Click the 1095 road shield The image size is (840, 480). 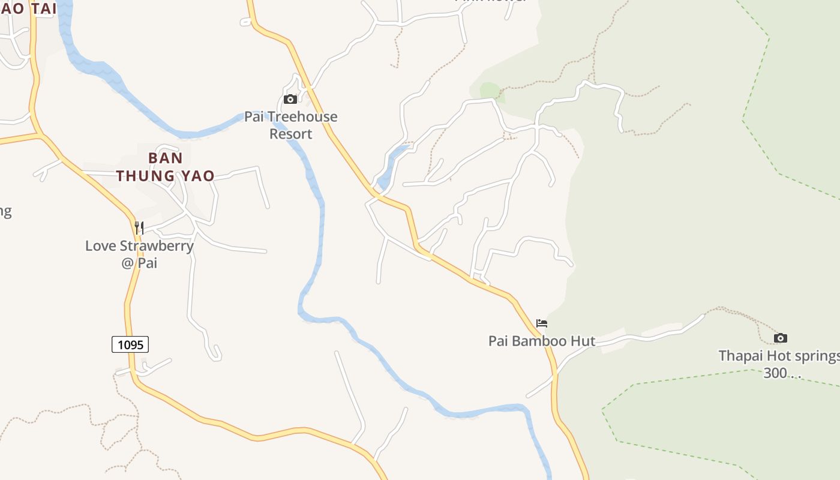click(130, 344)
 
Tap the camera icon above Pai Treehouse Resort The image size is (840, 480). click(290, 99)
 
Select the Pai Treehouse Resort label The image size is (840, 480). click(291, 125)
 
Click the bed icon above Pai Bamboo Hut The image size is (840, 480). click(542, 323)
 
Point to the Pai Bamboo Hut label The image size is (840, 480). click(542, 341)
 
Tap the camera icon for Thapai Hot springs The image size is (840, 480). click(780, 338)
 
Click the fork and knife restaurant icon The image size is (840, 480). click(139, 227)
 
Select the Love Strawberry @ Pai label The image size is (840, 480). click(139, 254)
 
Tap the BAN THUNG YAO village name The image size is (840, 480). click(165, 167)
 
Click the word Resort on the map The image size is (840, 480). click(291, 134)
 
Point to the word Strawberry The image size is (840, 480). click(157, 245)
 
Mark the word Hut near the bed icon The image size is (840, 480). click(583, 341)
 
